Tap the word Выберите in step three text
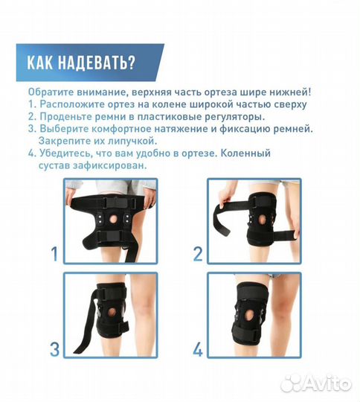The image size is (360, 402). (62, 128)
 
